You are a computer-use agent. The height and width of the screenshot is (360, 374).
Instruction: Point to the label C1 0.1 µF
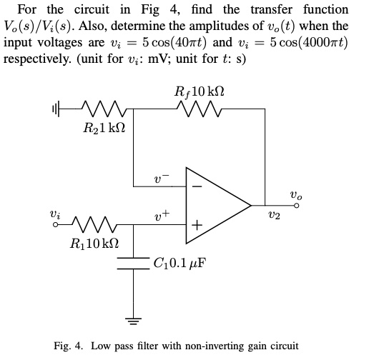point(179,262)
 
